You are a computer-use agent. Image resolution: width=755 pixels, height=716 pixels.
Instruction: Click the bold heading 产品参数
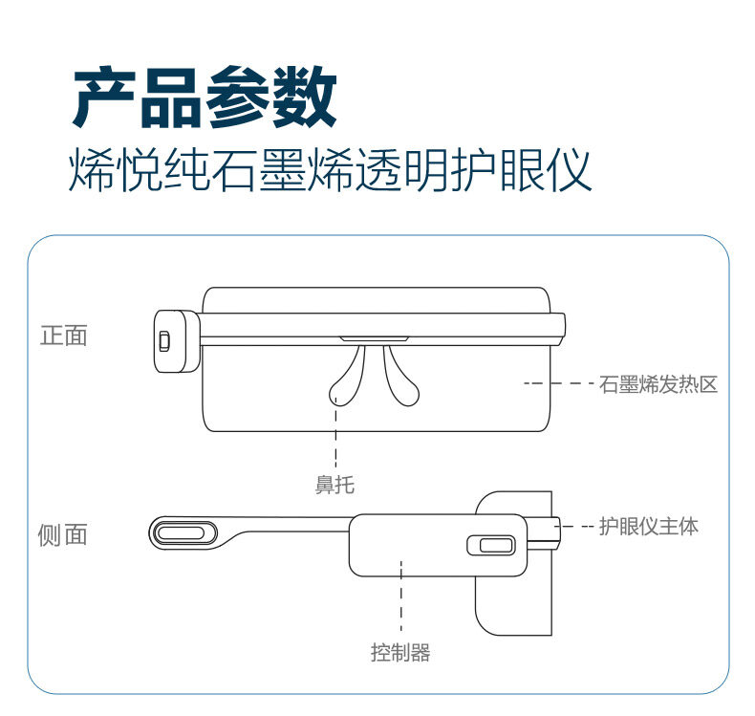coord(205,97)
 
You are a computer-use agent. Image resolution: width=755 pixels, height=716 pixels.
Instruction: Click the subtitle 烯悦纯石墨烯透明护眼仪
coord(330,170)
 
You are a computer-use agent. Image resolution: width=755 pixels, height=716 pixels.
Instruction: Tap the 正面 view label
coord(64,336)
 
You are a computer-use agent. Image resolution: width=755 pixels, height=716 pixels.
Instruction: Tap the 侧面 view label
coord(62,535)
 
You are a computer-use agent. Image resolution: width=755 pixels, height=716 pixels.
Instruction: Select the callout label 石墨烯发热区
coord(658,384)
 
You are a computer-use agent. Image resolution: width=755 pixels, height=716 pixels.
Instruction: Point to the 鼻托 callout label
coord(334,484)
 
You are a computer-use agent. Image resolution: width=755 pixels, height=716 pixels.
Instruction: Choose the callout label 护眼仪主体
coord(649,527)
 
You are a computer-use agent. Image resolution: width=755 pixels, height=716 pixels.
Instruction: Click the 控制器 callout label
coord(400,653)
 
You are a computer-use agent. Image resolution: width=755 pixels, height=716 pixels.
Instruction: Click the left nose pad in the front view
coord(348,380)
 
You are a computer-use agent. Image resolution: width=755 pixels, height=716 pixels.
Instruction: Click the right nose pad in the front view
coord(400,380)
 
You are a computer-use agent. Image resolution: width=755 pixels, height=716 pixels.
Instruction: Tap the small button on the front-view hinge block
coord(164,341)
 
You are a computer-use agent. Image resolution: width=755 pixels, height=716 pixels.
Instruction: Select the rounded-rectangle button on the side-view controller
coord(491,545)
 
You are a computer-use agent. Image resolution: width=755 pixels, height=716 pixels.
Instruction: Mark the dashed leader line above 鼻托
coord(335,432)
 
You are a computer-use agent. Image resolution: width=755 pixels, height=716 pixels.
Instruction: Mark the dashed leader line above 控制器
coord(401,596)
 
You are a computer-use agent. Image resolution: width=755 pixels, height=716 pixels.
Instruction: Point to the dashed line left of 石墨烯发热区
coord(558,383)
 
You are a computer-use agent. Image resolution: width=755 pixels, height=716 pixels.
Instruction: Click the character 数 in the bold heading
coord(305,97)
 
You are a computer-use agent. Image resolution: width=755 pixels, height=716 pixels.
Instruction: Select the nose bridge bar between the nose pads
coord(375,339)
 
